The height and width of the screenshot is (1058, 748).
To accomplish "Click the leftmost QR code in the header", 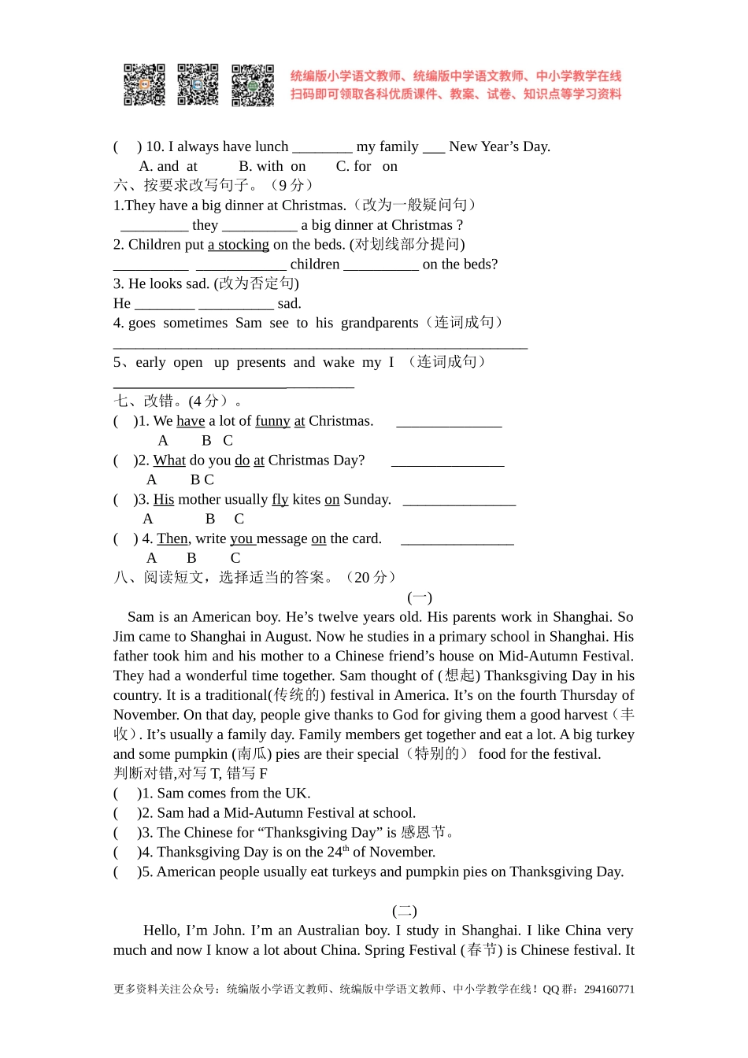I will [144, 85].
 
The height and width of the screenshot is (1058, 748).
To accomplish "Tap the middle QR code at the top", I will [198, 85].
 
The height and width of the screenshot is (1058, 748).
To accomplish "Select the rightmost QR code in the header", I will [252, 85].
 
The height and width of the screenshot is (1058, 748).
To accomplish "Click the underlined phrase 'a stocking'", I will [239, 245].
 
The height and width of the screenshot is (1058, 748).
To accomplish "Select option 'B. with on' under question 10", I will [272, 166].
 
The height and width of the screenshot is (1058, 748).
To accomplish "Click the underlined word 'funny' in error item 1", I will [272, 421].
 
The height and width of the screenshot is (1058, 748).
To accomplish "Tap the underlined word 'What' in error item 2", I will [169, 461].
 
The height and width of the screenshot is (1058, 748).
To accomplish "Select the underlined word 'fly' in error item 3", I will [280, 500].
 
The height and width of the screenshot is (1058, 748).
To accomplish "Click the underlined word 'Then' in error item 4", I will [172, 539].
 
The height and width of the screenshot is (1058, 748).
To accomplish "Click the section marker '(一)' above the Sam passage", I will [420, 597].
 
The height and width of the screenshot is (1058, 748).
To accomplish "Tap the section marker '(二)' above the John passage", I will [405, 911].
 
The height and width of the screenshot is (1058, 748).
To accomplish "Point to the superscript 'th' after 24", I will [346, 849].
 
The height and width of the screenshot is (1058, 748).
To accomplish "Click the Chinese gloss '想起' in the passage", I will [459, 675].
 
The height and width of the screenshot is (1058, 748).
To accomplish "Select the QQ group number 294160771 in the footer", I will [609, 990].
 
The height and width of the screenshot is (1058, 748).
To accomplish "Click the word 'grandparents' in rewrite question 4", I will [380, 323].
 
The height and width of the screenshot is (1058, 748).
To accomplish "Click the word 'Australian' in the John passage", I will [350, 930].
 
